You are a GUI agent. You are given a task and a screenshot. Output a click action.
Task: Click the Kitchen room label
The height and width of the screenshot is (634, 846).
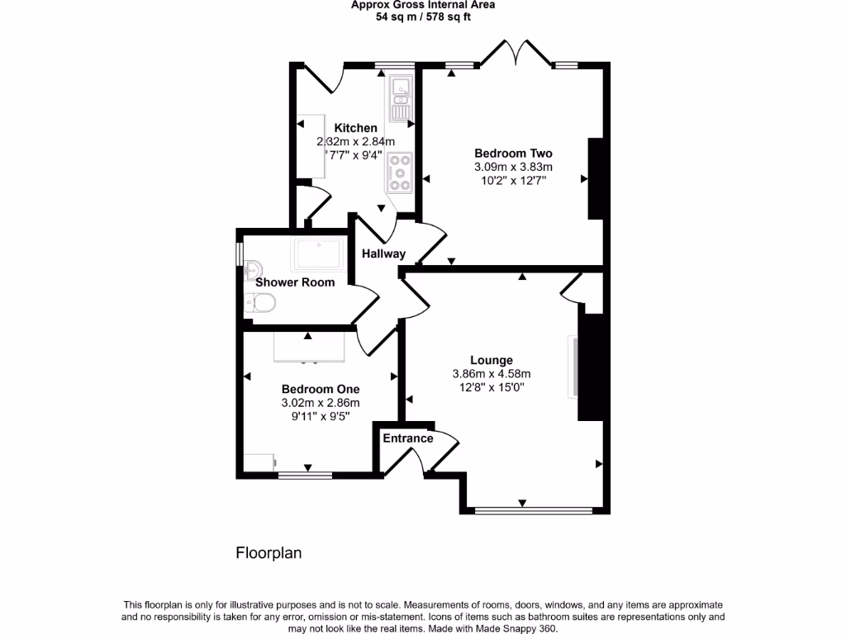355,128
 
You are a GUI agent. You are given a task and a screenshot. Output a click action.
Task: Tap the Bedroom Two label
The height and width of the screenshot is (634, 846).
513,153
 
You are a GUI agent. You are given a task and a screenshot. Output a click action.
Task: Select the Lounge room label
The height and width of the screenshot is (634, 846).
492,360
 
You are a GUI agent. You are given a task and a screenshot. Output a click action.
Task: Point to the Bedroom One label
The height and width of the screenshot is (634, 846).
321,389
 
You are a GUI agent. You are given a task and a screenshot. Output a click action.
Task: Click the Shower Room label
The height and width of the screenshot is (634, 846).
295,282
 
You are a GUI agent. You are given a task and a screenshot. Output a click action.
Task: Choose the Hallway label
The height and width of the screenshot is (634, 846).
383,253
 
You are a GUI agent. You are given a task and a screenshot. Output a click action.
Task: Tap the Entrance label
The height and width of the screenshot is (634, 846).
407,438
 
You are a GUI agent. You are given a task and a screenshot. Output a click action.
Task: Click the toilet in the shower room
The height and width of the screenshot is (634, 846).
260,305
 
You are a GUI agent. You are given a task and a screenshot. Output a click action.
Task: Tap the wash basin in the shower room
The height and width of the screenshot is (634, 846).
252,269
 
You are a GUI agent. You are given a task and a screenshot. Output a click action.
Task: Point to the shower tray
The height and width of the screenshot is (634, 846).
318,254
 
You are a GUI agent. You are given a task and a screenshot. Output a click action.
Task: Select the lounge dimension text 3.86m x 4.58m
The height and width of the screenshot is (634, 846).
492,373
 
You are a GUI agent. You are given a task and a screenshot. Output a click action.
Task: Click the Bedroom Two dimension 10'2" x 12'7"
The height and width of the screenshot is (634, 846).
512,180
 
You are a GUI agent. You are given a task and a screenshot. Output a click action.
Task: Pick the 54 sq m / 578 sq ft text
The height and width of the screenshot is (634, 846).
423,16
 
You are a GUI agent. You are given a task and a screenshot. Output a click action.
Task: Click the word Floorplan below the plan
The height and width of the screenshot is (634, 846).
269,553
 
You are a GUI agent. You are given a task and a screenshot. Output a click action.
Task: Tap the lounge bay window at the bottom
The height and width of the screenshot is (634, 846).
534,510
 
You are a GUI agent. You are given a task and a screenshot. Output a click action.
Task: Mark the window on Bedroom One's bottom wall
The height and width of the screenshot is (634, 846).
305,475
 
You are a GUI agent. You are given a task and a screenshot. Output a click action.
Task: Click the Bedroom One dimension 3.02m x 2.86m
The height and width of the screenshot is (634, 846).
321,403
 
